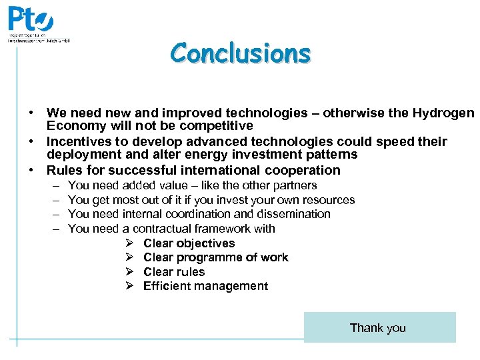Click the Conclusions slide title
(x=240, y=53)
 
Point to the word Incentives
(x=79, y=141)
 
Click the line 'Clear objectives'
(x=189, y=243)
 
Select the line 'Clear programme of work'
(x=215, y=257)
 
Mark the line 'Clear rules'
(x=174, y=272)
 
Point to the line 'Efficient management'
(x=205, y=287)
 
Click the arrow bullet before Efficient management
(x=131, y=287)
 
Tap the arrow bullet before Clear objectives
(x=131, y=243)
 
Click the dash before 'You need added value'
(x=54, y=185)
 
